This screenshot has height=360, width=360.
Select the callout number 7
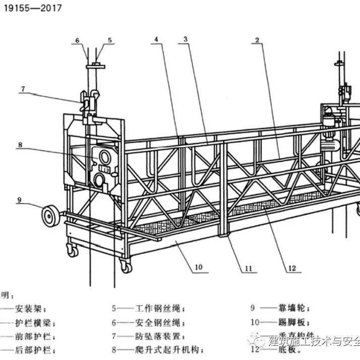(23, 89)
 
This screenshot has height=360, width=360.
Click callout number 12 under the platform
(291, 268)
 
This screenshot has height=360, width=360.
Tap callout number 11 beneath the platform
(248, 269)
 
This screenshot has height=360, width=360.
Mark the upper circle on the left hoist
(105, 154)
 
